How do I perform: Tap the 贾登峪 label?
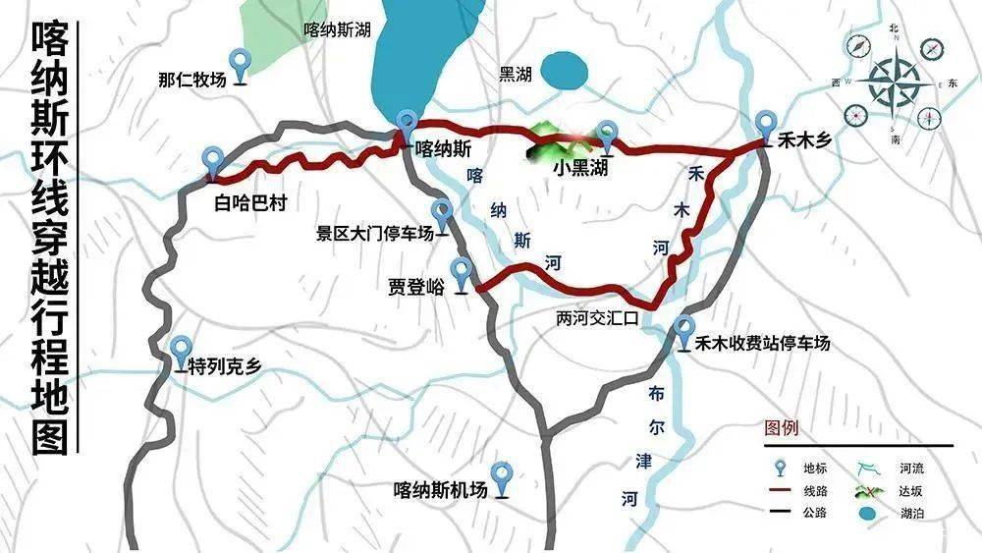point(415,287)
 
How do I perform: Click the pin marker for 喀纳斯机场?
point(503,475)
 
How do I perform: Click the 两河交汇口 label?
point(597,319)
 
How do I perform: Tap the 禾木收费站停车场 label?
point(763,343)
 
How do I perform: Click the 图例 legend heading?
point(782,429)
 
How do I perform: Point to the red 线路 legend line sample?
point(782,489)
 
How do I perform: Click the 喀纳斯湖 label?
point(337,30)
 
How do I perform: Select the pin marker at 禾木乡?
point(768,125)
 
